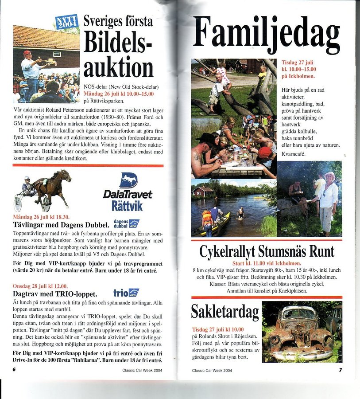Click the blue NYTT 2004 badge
[x=66, y=22]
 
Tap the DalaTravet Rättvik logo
[x=128, y=192]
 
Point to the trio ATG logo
[x=126, y=293]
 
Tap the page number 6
[x=14, y=369]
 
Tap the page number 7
[x=340, y=369]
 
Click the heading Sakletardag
[x=225, y=311]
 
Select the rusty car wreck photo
[x=302, y=332]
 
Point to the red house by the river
[x=203, y=191]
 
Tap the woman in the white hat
[x=329, y=199]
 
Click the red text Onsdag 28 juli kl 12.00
[x=40, y=286]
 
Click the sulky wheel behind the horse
[x=18, y=203]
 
